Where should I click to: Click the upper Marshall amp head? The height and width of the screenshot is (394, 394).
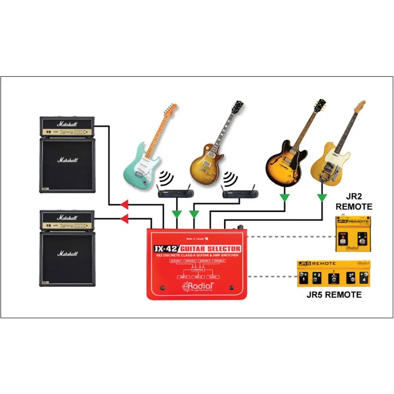click(67, 127)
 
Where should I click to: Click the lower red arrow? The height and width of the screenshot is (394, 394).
click(124, 218)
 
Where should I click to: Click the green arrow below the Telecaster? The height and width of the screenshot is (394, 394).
click(322, 198)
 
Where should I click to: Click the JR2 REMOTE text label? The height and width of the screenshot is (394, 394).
click(352, 202)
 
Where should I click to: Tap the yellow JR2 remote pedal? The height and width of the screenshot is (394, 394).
click(352, 234)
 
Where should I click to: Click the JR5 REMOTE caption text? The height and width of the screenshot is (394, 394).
click(334, 295)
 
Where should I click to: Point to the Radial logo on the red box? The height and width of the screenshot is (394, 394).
click(199, 287)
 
